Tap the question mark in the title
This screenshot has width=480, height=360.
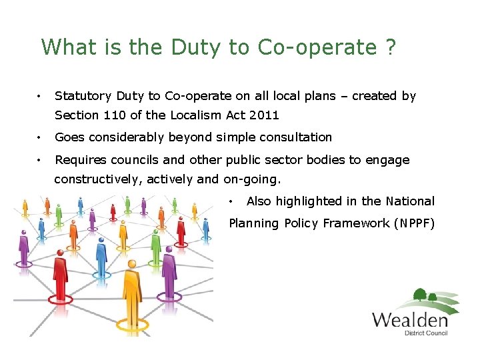click(x=390, y=47)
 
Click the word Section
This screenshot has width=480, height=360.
click(x=77, y=115)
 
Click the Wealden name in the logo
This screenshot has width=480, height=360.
click(x=409, y=319)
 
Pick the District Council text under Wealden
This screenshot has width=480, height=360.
click(x=426, y=333)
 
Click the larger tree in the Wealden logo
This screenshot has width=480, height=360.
click(x=420, y=295)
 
